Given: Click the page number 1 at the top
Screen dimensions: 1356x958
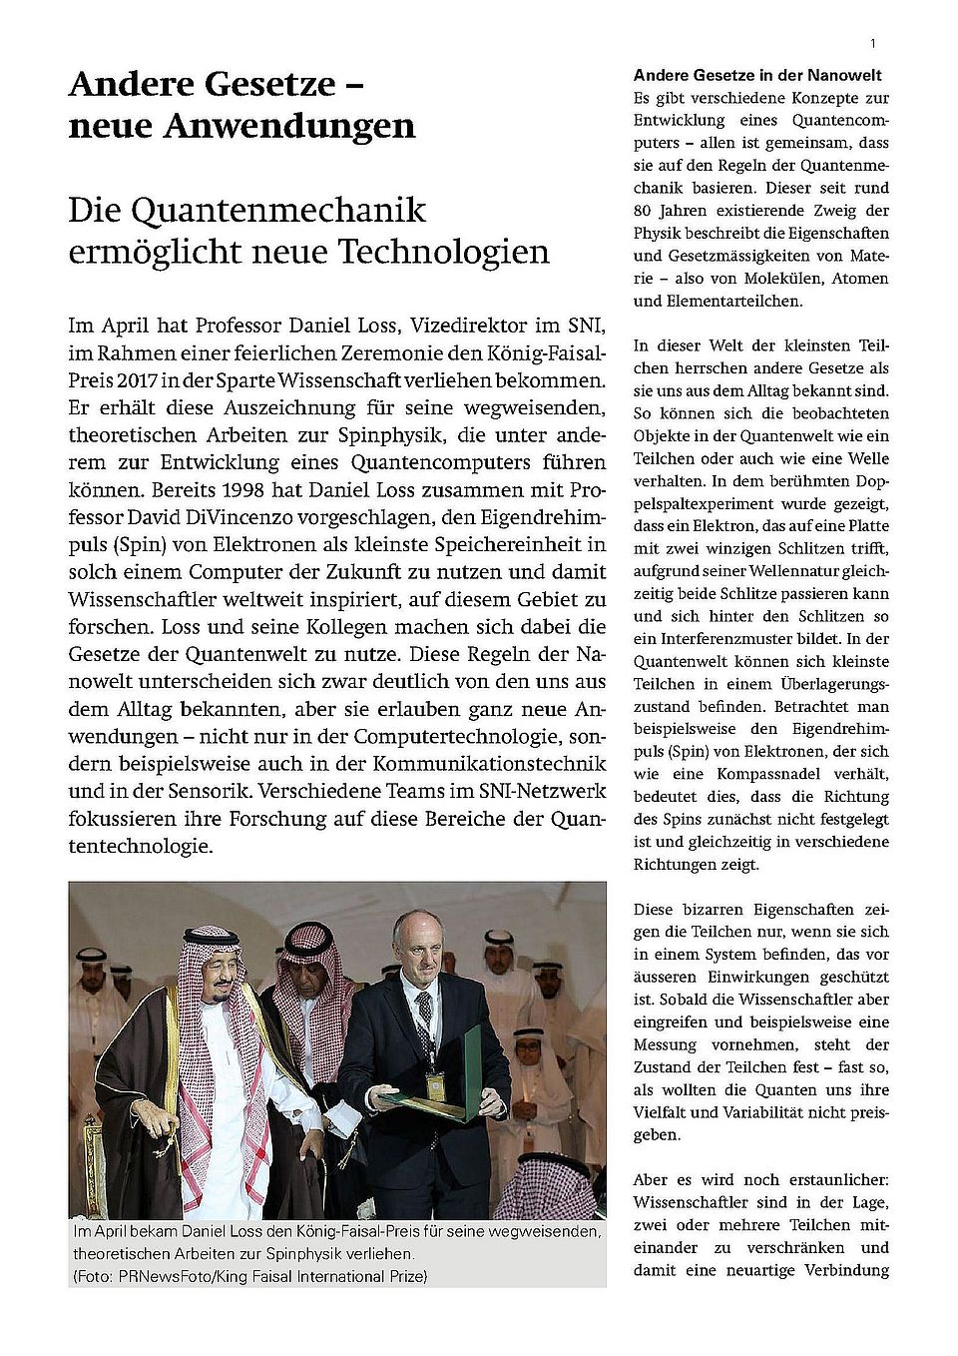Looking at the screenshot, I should point(873,43).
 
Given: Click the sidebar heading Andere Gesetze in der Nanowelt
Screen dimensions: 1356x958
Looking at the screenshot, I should point(757,75).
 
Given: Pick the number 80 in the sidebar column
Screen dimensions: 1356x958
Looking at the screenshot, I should point(643,211).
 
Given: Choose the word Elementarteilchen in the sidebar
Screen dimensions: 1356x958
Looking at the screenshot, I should point(732,301).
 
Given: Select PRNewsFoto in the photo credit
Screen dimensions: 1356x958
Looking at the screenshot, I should point(165,1276).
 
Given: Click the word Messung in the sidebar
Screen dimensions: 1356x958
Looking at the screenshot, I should point(665,1044).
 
